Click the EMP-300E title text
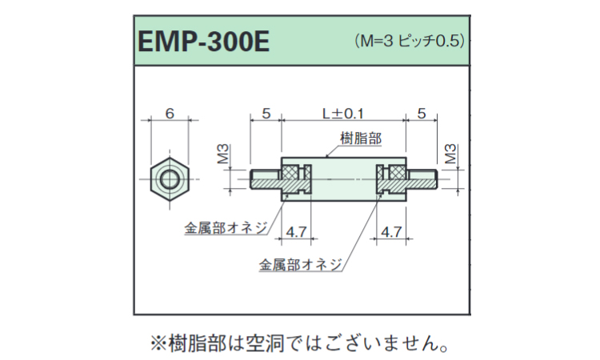(x=203, y=42)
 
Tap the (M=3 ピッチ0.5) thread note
(x=410, y=41)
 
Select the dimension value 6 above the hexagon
(x=170, y=114)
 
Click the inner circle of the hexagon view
(x=170, y=179)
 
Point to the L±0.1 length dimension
(x=343, y=114)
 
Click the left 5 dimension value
(x=266, y=114)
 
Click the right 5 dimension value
(x=422, y=114)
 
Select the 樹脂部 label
(x=361, y=138)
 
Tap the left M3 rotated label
(x=223, y=154)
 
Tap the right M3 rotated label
(x=451, y=154)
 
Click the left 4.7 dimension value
(x=296, y=232)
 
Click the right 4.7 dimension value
(x=391, y=232)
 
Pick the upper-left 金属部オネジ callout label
(x=226, y=228)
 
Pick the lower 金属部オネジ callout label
(x=300, y=265)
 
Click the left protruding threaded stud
(x=266, y=179)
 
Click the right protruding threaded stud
(x=422, y=179)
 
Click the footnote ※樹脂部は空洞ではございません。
(x=299, y=343)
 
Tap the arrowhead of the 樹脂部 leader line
(x=326, y=156)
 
